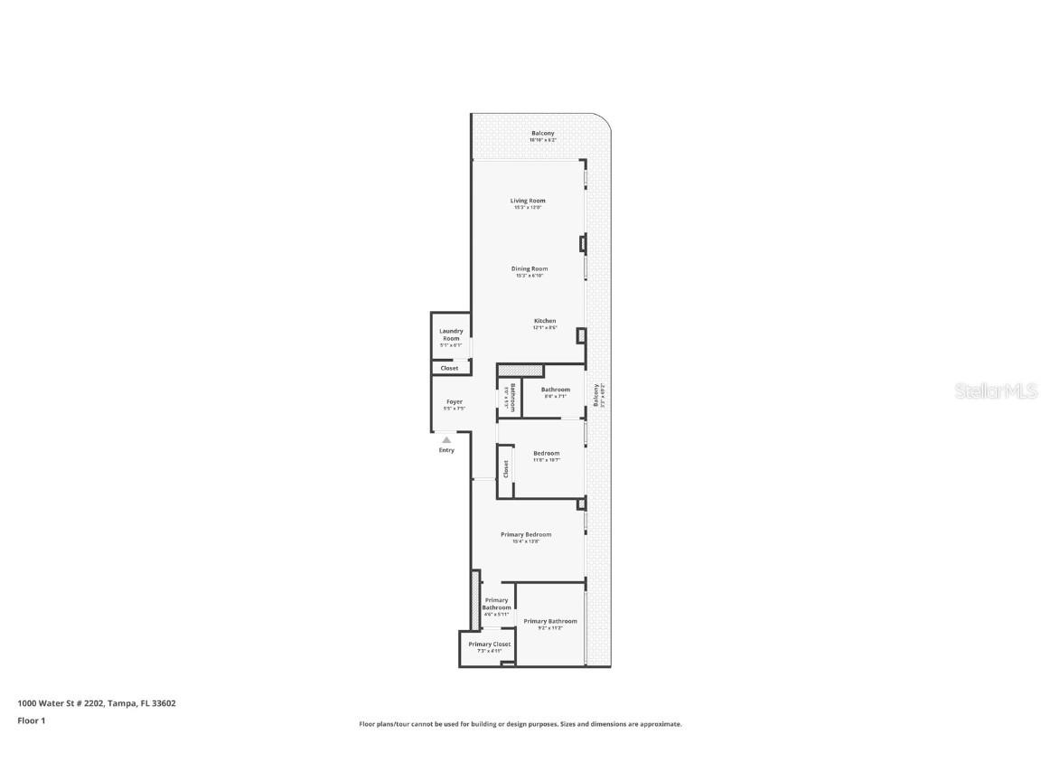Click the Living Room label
tap(528, 201)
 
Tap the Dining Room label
tap(530, 268)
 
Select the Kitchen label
tap(545, 321)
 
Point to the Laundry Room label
tap(451, 334)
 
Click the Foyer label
tap(454, 401)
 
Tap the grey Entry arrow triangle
tap(446, 439)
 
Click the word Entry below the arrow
tap(446, 450)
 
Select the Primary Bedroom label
tap(526, 534)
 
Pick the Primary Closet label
tap(489, 645)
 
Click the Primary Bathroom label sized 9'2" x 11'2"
tap(549, 621)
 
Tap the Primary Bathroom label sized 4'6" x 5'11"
tap(496, 604)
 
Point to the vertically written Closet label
tap(506, 469)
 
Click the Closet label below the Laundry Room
tap(449, 368)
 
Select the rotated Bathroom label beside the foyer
tap(512, 398)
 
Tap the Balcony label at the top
tap(543, 134)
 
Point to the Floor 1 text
tap(31, 720)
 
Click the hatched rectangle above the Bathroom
tap(520, 371)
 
